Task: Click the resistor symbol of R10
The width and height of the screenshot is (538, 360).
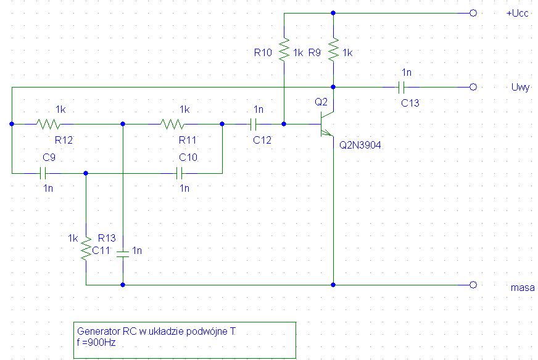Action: [x=283, y=50]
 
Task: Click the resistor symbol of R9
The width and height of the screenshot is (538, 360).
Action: [x=333, y=50]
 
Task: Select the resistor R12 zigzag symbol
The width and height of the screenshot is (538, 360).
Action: [x=48, y=124]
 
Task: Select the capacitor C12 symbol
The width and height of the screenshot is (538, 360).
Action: [x=252, y=124]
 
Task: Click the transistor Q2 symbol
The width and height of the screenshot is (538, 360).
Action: [x=326, y=123]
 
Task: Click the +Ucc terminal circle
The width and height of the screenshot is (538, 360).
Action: [x=473, y=13]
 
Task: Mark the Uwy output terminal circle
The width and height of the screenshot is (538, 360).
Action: [x=473, y=87]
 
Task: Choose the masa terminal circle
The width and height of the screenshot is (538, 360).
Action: [x=473, y=285]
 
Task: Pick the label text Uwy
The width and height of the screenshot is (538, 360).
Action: [x=519, y=88]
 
